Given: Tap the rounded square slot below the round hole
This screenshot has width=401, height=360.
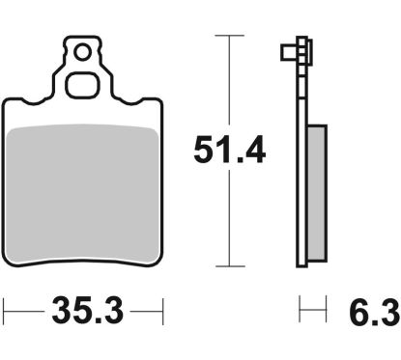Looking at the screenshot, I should (x=84, y=83).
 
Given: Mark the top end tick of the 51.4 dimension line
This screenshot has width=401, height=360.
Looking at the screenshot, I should (x=228, y=35).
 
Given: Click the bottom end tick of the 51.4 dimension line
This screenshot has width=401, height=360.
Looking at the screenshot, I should (x=228, y=266).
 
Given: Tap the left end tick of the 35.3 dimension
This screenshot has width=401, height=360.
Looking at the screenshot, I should (x=6, y=313).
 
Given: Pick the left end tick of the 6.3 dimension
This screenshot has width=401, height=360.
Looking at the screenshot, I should (x=301, y=313).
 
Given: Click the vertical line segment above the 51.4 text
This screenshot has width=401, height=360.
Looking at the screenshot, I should (x=228, y=82).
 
